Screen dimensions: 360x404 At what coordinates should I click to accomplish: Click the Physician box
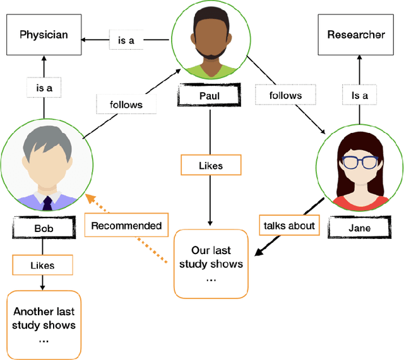(43, 35)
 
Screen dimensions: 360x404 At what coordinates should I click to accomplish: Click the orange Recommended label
(126, 225)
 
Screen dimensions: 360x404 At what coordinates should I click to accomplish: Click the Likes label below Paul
(210, 166)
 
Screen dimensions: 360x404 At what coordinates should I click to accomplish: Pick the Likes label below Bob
(43, 265)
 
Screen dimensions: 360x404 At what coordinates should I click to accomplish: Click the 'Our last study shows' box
(211, 264)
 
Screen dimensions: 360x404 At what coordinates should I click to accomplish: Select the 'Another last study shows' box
(44, 325)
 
